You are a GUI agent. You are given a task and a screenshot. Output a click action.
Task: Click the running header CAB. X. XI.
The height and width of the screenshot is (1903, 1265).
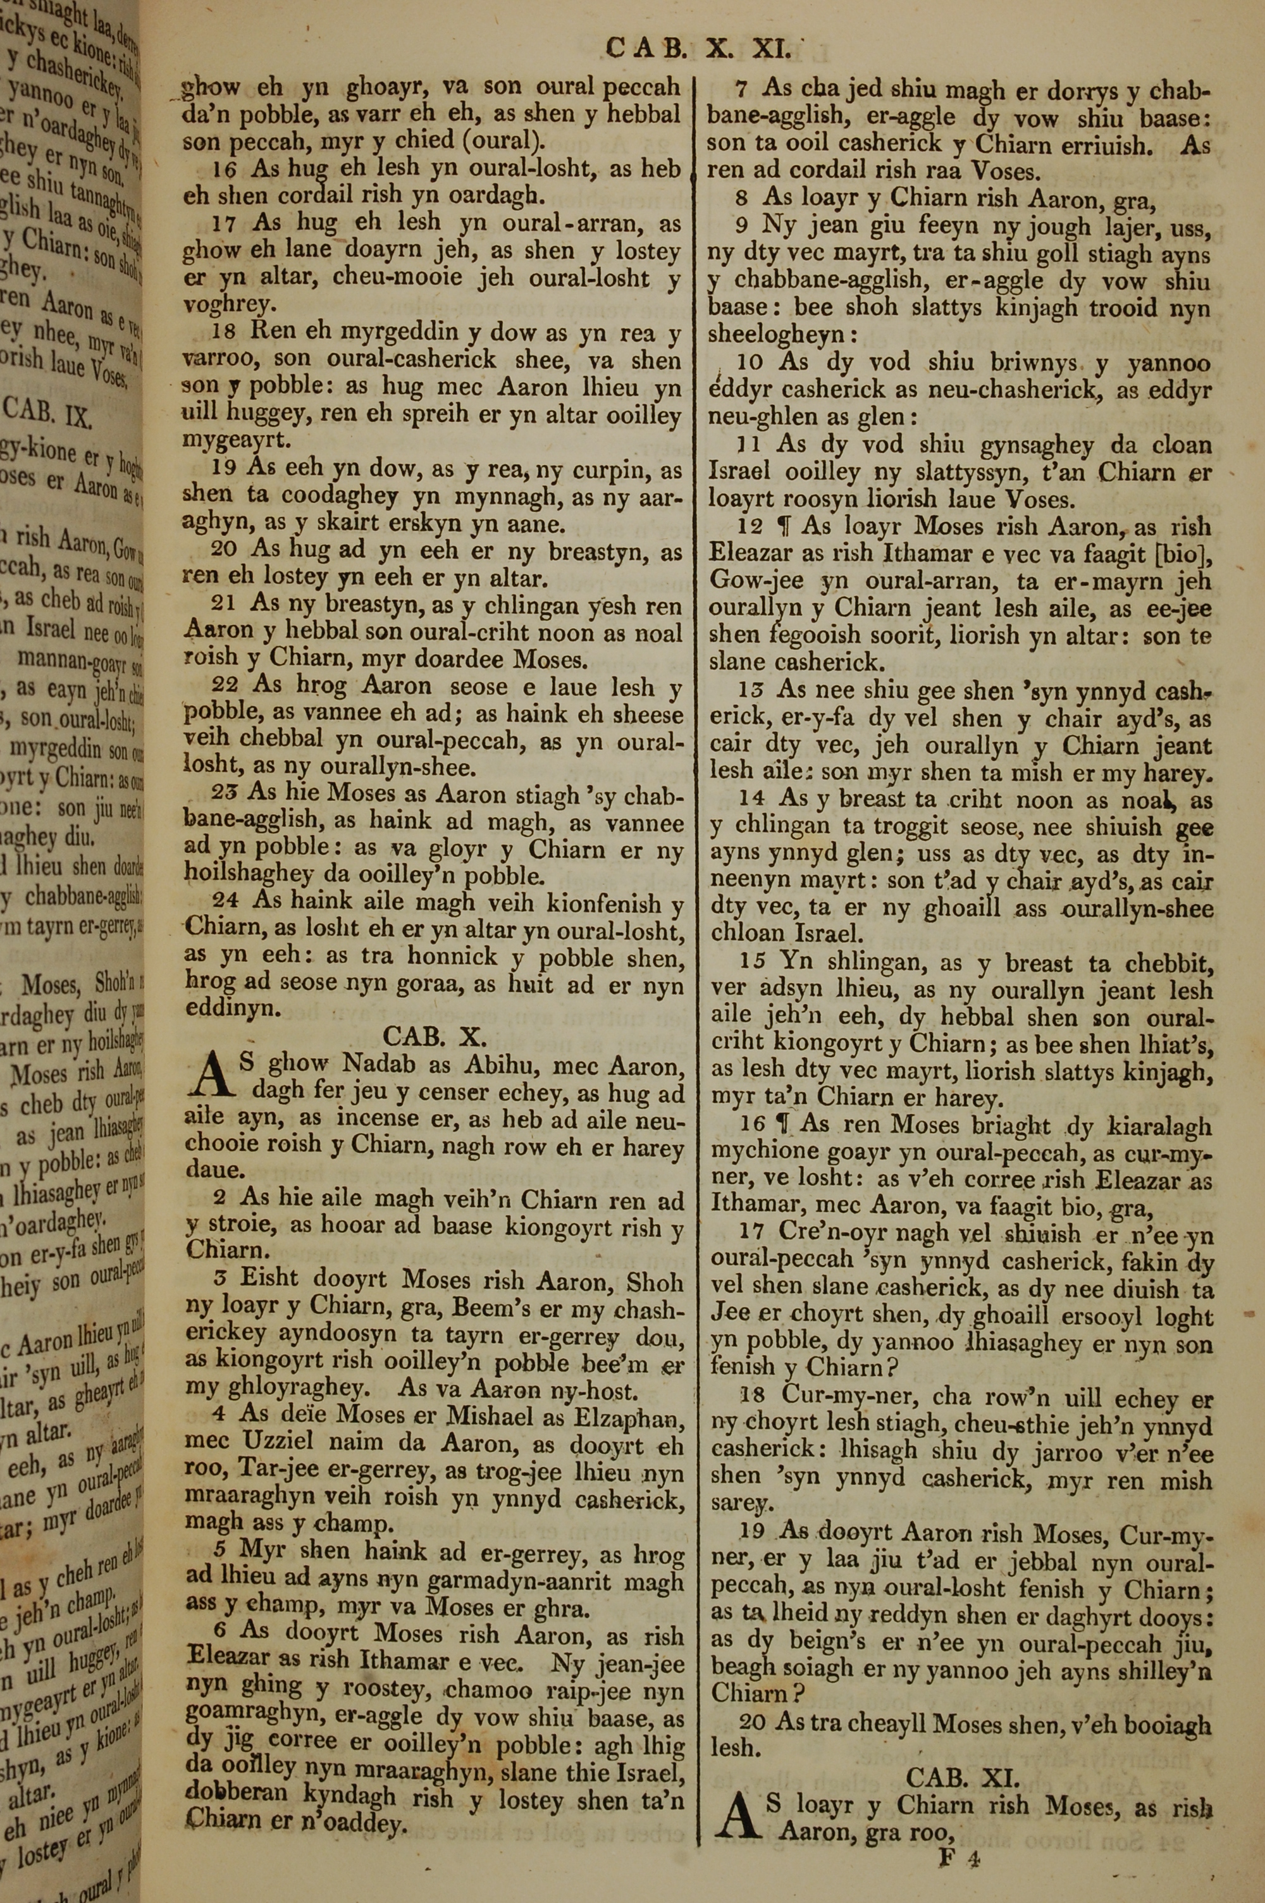coord(697,49)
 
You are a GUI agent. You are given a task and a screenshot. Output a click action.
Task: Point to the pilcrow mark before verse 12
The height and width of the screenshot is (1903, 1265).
coord(780,528)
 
